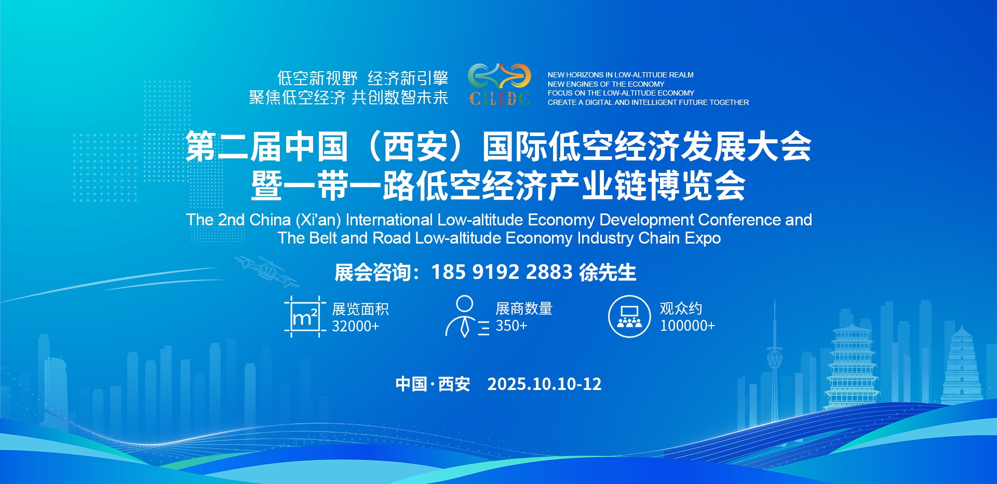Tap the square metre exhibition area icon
pos(305,317)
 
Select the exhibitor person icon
pos(467,317)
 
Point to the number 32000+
pos(356,326)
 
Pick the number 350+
pos(511,326)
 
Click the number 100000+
pos(688,326)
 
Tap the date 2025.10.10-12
pos(544,384)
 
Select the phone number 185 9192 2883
pos(502,272)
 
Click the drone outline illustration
pos(267,270)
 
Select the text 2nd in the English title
pos(231,220)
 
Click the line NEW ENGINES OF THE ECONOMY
pos(606,84)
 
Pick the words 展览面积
pos(360,310)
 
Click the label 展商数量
pos(524,309)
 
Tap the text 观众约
pos(681,309)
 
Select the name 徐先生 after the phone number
pos(608,272)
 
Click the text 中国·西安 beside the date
pos(433,384)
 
